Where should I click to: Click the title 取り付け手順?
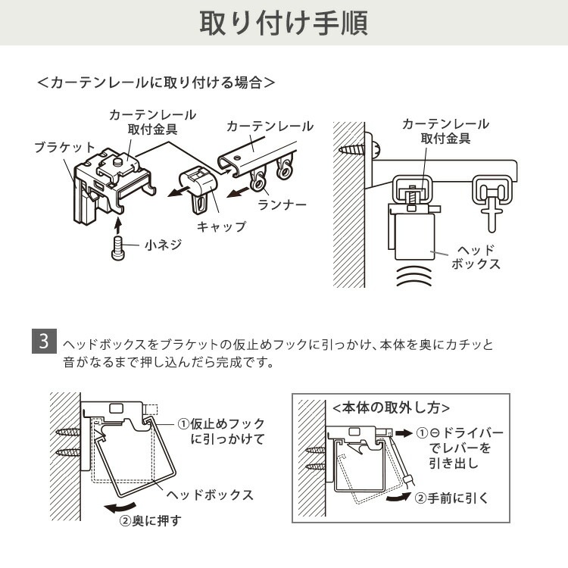pyautogui.click(x=283, y=23)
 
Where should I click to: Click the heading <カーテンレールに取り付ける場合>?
pyautogui.click(x=155, y=82)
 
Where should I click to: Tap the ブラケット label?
pyautogui.click(x=64, y=147)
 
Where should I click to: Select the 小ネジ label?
pyautogui.click(x=163, y=245)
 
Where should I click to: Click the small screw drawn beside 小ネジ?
pyautogui.click(x=117, y=248)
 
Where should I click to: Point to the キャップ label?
pyautogui.click(x=221, y=226)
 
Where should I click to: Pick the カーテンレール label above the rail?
pyautogui.click(x=270, y=126)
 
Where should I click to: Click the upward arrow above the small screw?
pyautogui.click(x=117, y=225)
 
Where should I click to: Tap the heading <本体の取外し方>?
pyautogui.click(x=391, y=407)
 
